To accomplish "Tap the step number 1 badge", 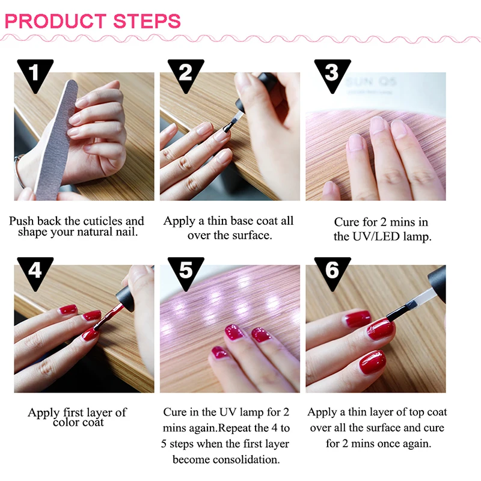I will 34,73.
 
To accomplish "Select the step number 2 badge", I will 185,73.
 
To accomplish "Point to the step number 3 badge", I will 331,73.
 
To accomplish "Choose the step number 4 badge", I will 35,271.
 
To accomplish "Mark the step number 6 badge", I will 332,271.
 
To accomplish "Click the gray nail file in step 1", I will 57,138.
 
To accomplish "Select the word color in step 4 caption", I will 69,422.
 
